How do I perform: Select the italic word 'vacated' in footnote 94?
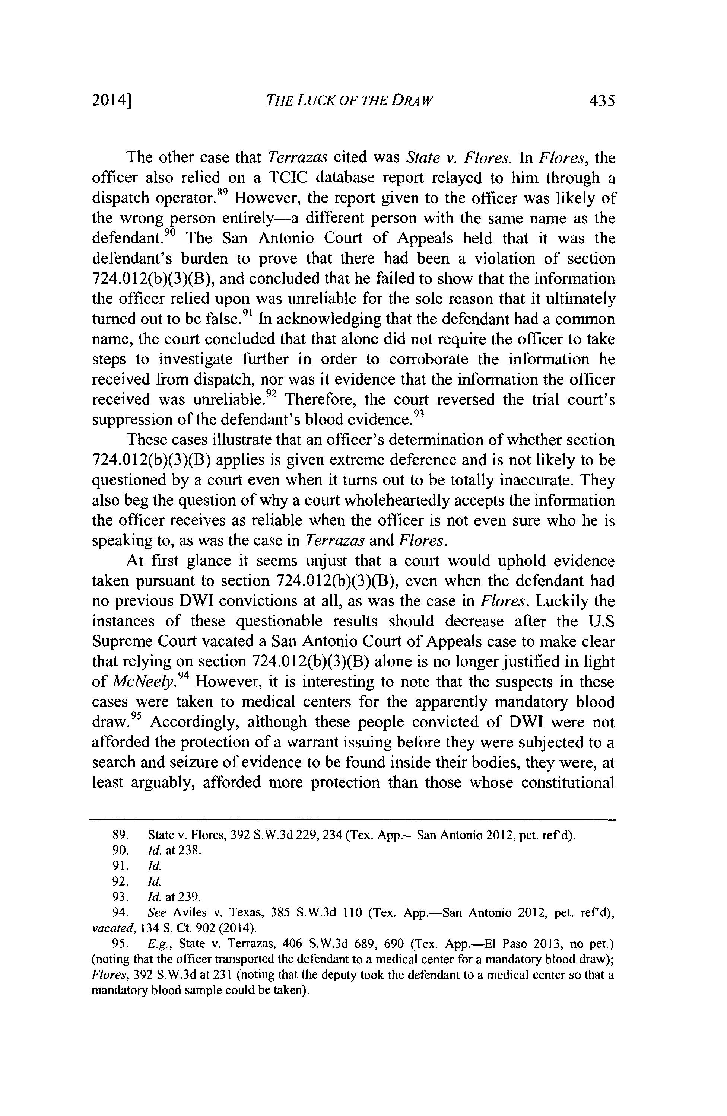(x=110, y=928)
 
